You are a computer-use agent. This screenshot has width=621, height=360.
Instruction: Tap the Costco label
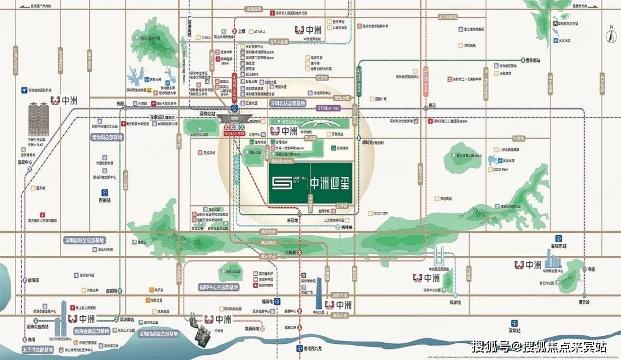[x=206, y=37]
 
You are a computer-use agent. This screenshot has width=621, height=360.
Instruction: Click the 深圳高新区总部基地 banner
[x=84, y=240]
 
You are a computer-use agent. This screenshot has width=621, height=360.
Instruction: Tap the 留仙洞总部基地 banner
[x=107, y=137]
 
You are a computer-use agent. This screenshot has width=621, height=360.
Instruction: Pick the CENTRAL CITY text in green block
[x=300, y=180]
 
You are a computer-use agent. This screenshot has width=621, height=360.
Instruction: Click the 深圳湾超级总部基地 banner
[x=159, y=334]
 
